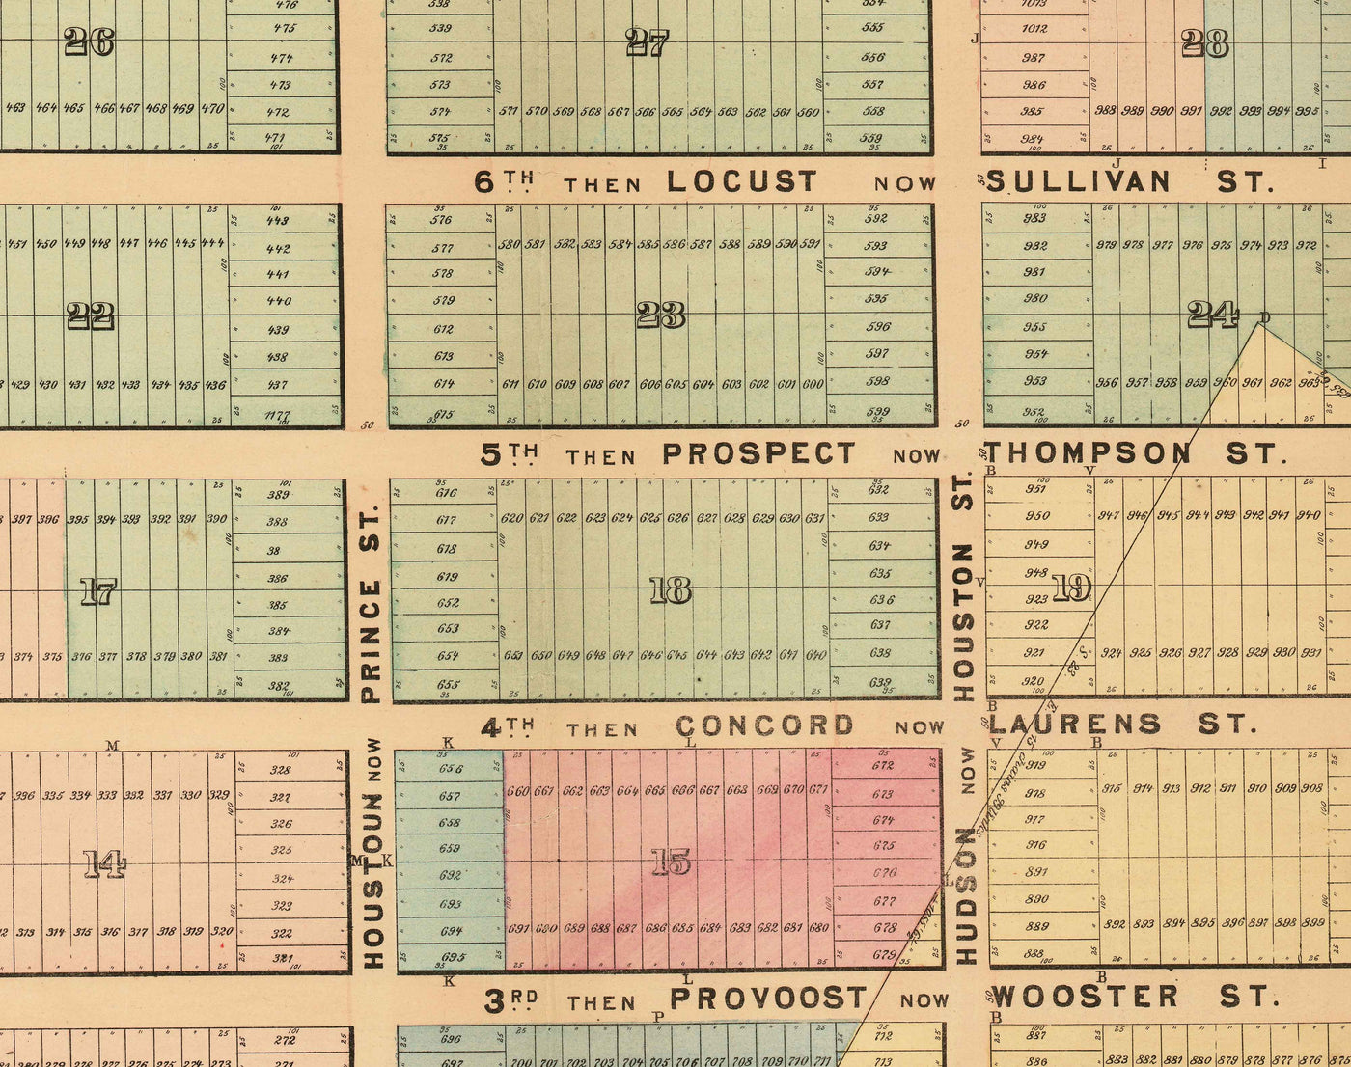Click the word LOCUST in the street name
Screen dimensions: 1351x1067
[x=741, y=181]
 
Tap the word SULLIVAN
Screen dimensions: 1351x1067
[x=1080, y=181]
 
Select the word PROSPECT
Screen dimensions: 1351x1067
[x=759, y=453]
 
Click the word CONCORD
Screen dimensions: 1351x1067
[x=764, y=725]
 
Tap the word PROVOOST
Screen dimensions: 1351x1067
[x=768, y=999]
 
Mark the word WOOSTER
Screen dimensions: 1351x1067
[x=1085, y=998]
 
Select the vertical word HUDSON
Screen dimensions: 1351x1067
[x=966, y=907]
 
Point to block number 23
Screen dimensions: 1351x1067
[x=662, y=315]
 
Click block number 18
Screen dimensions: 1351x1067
[x=671, y=589]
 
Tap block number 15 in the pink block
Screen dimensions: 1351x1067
[x=671, y=862]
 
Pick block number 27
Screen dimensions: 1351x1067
[x=647, y=43]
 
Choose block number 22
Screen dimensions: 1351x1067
[x=92, y=315]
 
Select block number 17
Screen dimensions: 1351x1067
[x=97, y=590]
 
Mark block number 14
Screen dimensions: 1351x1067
[x=104, y=864]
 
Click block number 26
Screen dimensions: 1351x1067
[x=89, y=41]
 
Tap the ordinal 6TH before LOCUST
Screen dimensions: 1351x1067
[x=504, y=181]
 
